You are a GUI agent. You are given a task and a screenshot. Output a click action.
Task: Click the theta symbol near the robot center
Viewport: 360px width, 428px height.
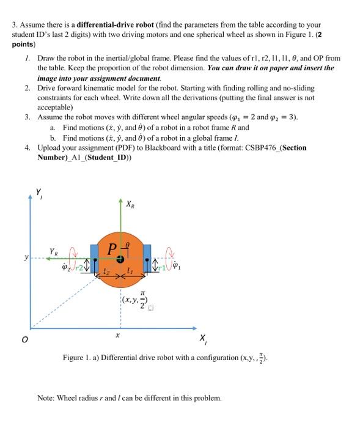pyautogui.click(x=127, y=244)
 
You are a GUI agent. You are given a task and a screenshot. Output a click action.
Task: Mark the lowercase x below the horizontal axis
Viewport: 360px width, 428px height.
pyautogui.click(x=119, y=335)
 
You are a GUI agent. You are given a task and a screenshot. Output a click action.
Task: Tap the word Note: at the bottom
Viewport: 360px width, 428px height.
pyautogui.click(x=47, y=397)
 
